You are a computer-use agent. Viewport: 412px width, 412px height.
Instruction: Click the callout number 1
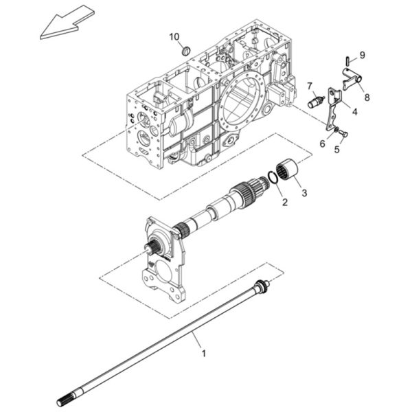coord(203,354)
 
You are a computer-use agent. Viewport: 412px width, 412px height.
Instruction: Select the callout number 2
coord(284,202)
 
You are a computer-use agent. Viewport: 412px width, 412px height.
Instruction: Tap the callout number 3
coord(304,193)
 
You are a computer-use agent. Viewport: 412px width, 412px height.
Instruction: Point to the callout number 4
coord(355,112)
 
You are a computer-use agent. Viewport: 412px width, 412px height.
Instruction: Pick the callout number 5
coord(337,149)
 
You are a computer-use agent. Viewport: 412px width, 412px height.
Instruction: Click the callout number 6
coord(323,144)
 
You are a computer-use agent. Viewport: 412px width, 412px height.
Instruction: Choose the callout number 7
coord(310,86)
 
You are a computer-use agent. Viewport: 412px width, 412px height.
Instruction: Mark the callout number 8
coord(367,98)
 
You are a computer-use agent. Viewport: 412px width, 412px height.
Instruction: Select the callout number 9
coord(363,55)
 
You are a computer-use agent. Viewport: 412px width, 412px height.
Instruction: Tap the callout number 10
coord(174,37)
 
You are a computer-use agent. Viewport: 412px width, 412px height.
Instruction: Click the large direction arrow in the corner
coord(67,23)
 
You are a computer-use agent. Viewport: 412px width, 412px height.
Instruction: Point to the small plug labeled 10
coord(186,50)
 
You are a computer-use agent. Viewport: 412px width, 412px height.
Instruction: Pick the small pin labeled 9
coord(347,61)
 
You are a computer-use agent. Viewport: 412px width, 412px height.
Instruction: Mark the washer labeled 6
coord(336,130)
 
